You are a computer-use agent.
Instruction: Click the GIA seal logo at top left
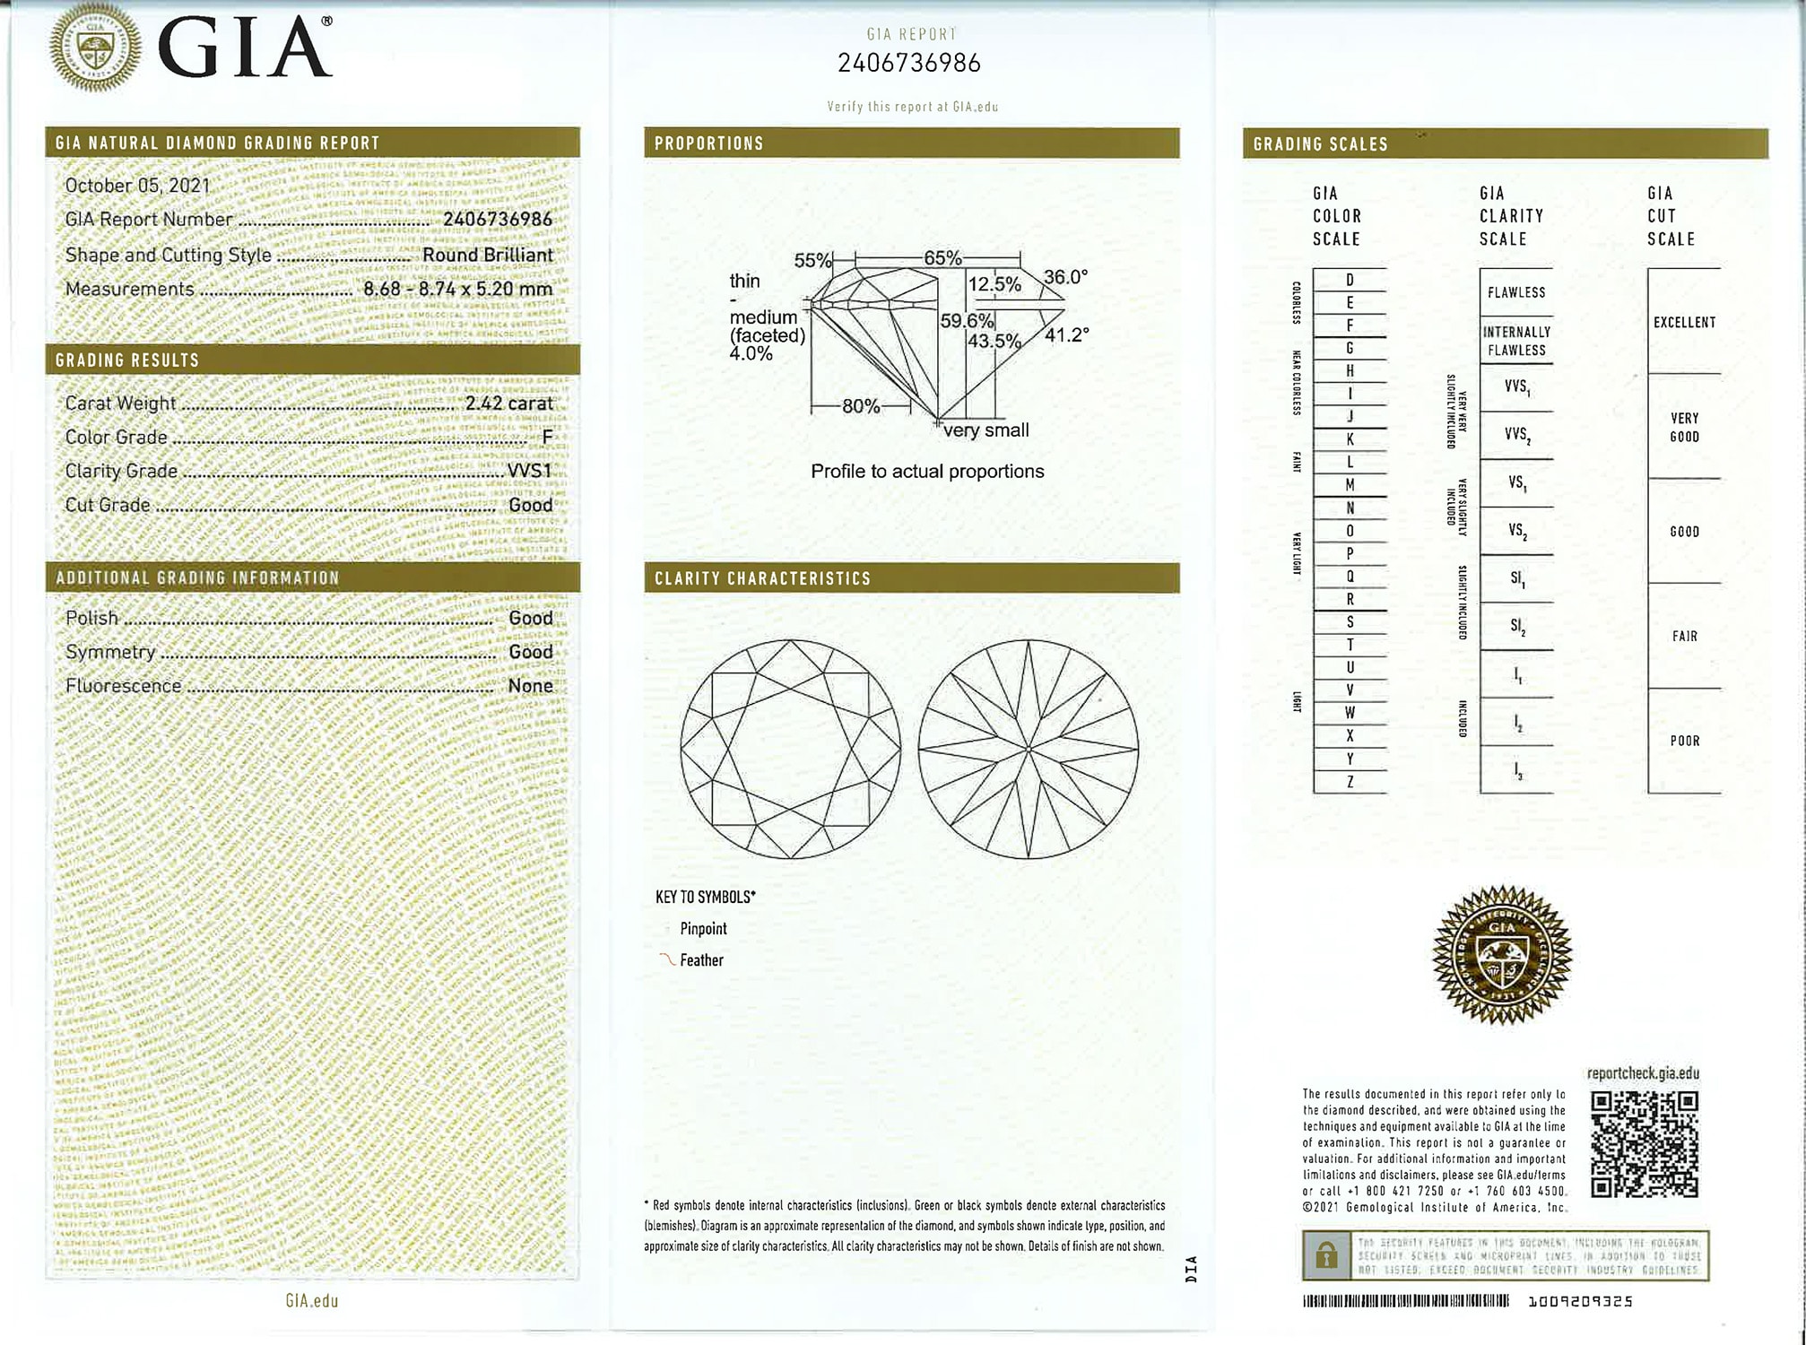pyautogui.click(x=95, y=47)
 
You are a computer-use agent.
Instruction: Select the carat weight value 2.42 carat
pyautogui.click(x=508, y=403)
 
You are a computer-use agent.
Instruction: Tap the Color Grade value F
pyautogui.click(x=547, y=437)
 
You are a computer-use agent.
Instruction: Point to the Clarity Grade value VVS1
pyautogui.click(x=530, y=471)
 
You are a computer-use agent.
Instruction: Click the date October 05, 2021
pyautogui.click(x=137, y=186)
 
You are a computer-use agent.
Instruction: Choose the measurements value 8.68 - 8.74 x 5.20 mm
pyautogui.click(x=457, y=289)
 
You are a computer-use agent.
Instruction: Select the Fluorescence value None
pyautogui.click(x=530, y=686)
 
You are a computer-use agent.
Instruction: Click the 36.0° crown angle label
pyautogui.click(x=1065, y=277)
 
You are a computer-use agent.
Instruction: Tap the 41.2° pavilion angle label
pyautogui.click(x=1066, y=334)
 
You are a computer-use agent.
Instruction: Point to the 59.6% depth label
pyautogui.click(x=966, y=321)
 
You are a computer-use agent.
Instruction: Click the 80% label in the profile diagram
pyautogui.click(x=860, y=406)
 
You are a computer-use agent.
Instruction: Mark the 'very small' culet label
pyautogui.click(x=985, y=430)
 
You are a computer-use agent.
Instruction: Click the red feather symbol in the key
pyautogui.click(x=667, y=959)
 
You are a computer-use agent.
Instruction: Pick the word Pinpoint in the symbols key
pyautogui.click(x=703, y=929)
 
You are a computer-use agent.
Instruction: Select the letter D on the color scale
pyautogui.click(x=1350, y=280)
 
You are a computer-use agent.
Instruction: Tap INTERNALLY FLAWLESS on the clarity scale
pyautogui.click(x=1516, y=341)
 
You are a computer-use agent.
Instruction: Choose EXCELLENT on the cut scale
pyautogui.click(x=1684, y=322)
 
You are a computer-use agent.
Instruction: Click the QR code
pyautogui.click(x=1644, y=1144)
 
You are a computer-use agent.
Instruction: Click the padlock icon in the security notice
pyautogui.click(x=1326, y=1256)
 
